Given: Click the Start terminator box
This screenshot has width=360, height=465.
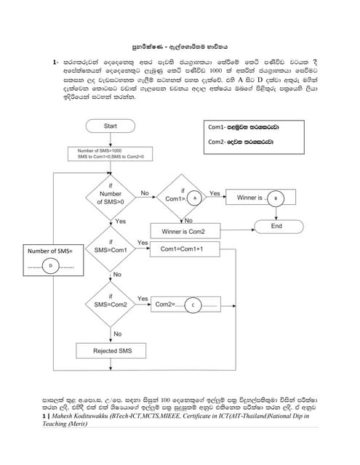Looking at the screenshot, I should pos(111,126).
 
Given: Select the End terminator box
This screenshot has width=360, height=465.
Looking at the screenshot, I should pos(276,226).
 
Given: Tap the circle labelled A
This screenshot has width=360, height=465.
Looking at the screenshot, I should pos(193,198).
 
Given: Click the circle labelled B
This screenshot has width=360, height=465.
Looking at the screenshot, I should pos(275,198).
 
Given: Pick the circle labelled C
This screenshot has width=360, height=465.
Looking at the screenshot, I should pos(193,304).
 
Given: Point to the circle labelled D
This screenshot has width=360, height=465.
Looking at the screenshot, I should pos(51,266).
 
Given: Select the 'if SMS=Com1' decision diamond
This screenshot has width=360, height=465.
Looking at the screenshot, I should pos(111,249).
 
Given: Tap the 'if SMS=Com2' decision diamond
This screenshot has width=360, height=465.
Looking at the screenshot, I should pos(111,303).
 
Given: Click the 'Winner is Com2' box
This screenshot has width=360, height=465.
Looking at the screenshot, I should pos(183,232).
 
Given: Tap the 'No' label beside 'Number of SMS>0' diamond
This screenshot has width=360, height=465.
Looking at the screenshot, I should pos(145,193).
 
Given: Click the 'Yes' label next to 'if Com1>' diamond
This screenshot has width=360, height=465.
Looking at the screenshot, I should pos(215,193).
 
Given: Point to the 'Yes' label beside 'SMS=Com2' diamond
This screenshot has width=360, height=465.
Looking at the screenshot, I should pos(143,298).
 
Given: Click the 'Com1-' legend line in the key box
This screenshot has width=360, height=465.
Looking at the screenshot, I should pos(244,127).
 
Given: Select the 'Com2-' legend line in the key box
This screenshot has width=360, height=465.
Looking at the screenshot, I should pos(244,142).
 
